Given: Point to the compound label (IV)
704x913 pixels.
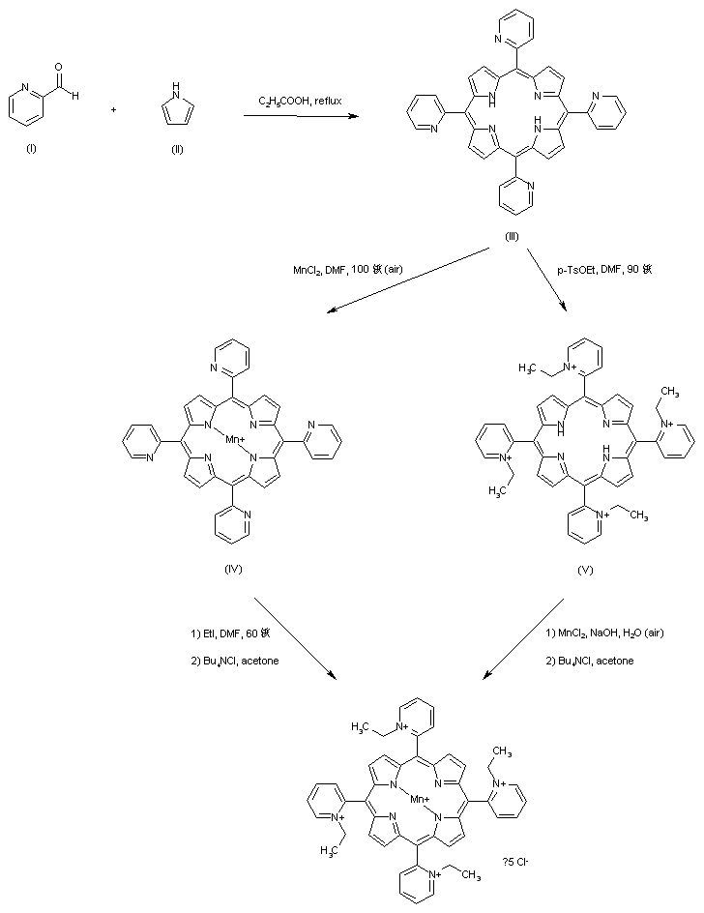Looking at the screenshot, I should pos(232,568).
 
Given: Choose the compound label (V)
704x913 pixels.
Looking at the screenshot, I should pos(584,570).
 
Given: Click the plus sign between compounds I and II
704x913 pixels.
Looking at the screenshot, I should pos(114,109).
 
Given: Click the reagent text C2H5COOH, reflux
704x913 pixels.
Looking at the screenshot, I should pos(294,101).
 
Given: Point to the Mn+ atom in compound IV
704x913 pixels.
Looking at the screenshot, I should pos(233,440).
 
